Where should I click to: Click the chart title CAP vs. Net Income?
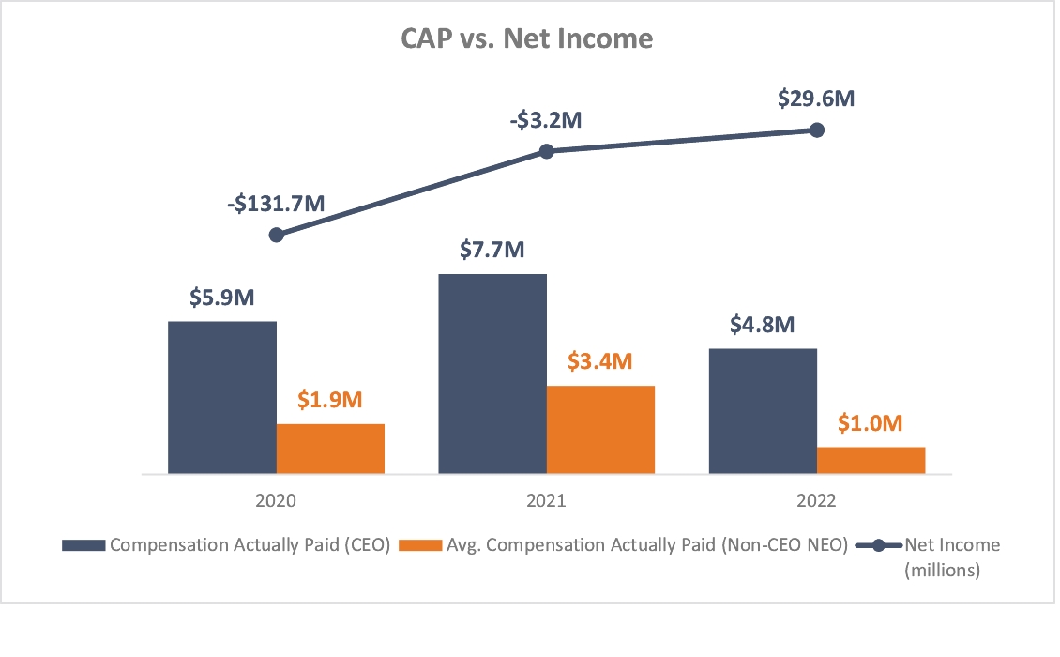pyautogui.click(x=526, y=39)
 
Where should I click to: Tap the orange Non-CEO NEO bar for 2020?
pyautogui.click(x=330, y=449)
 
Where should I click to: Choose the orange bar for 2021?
pyautogui.click(x=600, y=429)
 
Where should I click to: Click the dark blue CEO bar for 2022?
pyautogui.click(x=763, y=411)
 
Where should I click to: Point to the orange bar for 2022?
pyautogui.click(x=871, y=460)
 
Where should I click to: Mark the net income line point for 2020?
pyautogui.click(x=276, y=235)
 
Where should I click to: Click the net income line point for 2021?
pyautogui.click(x=547, y=150)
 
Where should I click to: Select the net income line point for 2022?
pyautogui.click(x=816, y=130)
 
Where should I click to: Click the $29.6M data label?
pyautogui.click(x=816, y=98)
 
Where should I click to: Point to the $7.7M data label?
pyautogui.click(x=492, y=250)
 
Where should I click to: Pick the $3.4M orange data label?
pyautogui.click(x=600, y=361)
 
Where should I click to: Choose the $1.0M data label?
pyautogui.click(x=870, y=423)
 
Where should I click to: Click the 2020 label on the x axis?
pyautogui.click(x=276, y=501)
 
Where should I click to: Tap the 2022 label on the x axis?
pyautogui.click(x=816, y=501)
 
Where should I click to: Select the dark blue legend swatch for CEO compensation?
pyautogui.click(x=84, y=545)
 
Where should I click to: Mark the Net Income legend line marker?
pyautogui.click(x=880, y=545)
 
